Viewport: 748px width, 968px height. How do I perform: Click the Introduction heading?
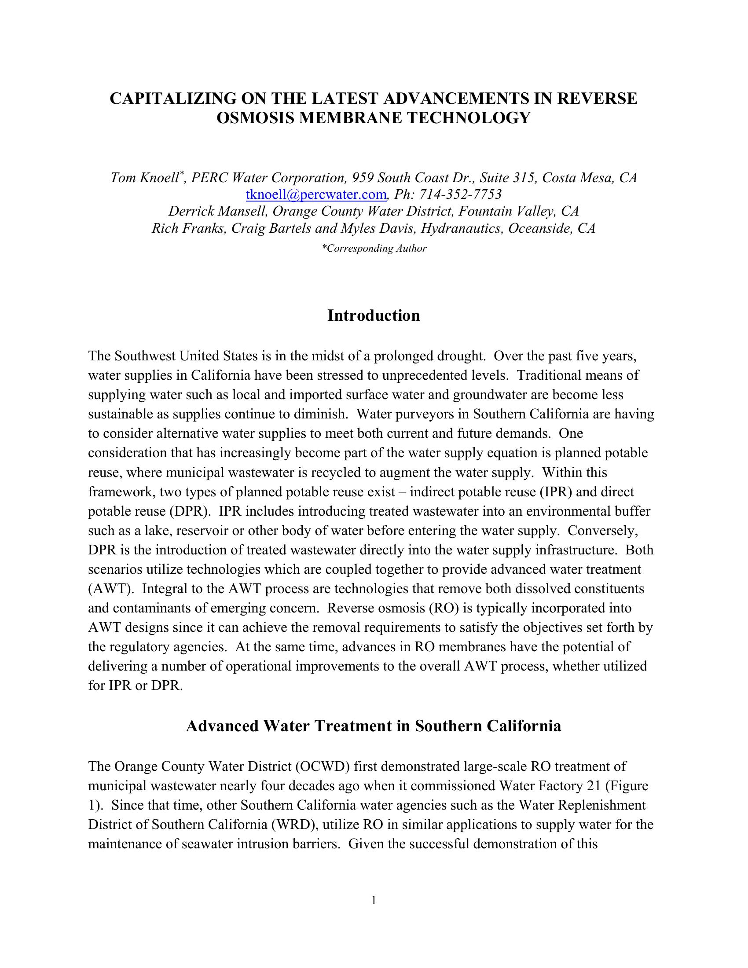pos(374,315)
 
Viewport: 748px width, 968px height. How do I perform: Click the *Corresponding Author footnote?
pos(374,249)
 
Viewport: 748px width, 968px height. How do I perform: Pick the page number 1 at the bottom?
pos(374,900)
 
